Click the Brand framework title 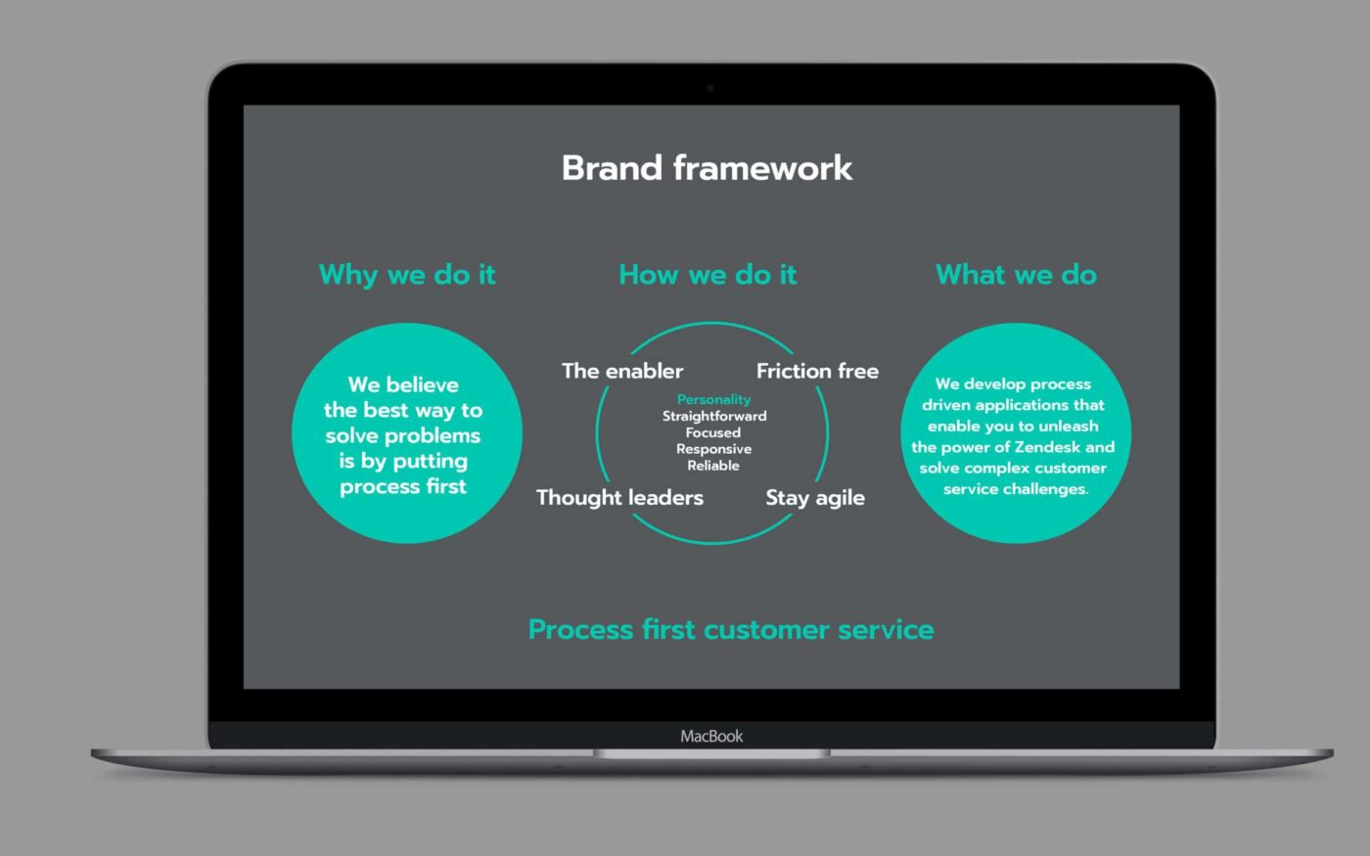coord(707,167)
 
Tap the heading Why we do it coord(407,275)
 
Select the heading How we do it coord(708,275)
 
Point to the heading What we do coord(1017,275)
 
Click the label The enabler coord(622,371)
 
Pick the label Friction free coord(818,371)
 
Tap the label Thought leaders coord(620,497)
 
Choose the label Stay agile coord(815,498)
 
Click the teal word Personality coord(713,400)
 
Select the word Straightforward coord(714,416)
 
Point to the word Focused coord(713,432)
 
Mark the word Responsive coord(713,449)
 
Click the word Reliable coord(713,466)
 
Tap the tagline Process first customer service coord(731,629)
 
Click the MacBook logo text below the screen coord(712,736)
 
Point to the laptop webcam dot coord(710,87)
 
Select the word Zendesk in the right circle coord(1047,447)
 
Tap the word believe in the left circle coord(423,384)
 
